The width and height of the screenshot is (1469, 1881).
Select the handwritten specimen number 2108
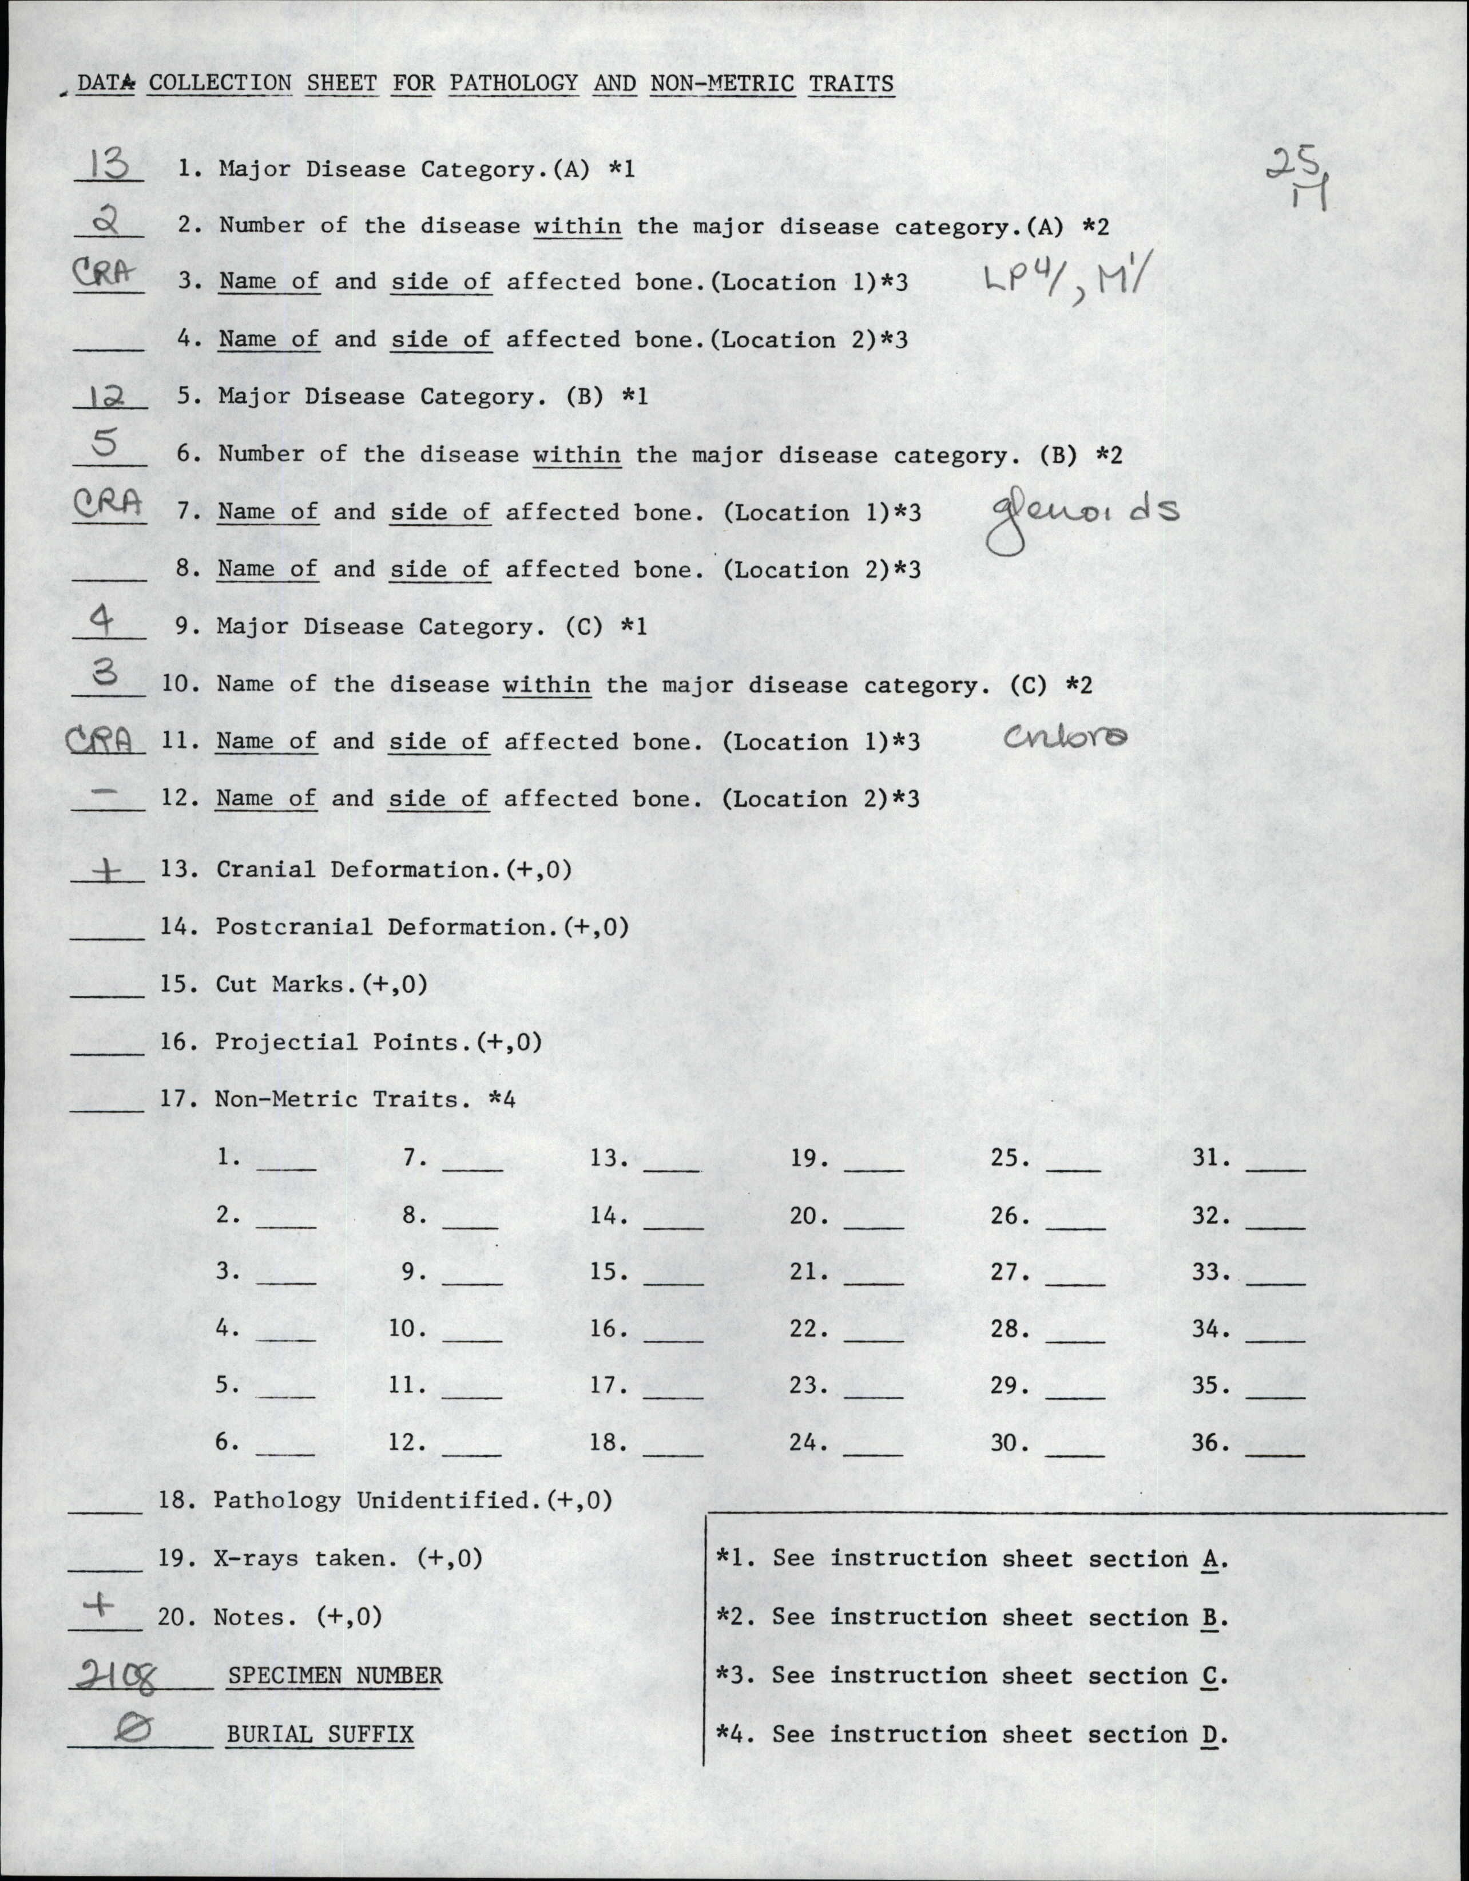(x=116, y=1676)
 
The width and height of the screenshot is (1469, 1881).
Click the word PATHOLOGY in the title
(x=513, y=84)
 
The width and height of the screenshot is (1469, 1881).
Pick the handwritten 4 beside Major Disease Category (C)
(x=102, y=620)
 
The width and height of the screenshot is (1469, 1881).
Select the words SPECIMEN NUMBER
(x=335, y=1676)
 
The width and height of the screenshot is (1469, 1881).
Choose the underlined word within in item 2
(x=577, y=227)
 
